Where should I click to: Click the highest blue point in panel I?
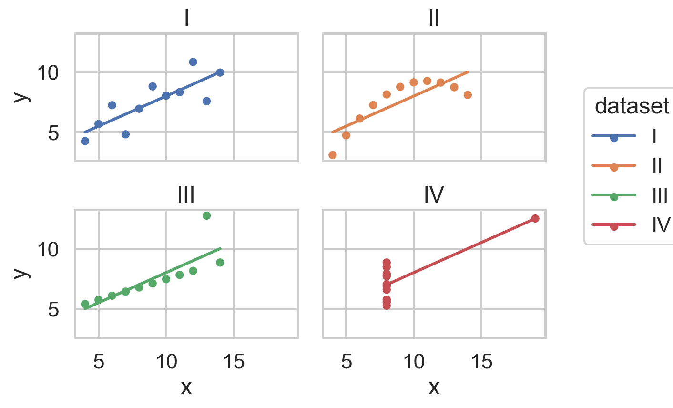coord(193,62)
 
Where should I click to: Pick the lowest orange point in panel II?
coord(333,155)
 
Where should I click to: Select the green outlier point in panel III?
coord(206,215)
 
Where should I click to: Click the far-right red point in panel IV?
coord(535,218)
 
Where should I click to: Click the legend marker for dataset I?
coord(614,137)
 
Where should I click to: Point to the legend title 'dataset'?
coord(632,106)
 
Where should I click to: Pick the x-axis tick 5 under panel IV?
coord(346,362)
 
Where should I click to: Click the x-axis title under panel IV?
coord(434,387)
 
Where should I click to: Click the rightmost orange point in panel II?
coord(468,95)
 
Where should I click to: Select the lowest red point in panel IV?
coord(387,306)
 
